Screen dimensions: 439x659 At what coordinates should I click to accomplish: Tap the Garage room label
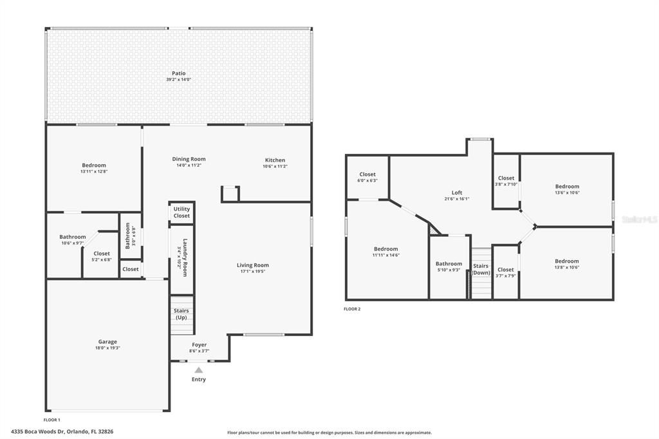pyautogui.click(x=107, y=342)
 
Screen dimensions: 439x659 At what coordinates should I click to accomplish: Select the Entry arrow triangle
pyautogui.click(x=199, y=370)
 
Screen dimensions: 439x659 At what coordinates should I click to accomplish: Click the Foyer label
pyautogui.click(x=199, y=345)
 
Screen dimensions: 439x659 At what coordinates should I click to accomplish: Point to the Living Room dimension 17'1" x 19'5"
pyautogui.click(x=253, y=272)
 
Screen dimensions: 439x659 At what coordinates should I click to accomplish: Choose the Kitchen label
pyautogui.click(x=275, y=160)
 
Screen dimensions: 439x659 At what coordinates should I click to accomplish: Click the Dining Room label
pyautogui.click(x=189, y=159)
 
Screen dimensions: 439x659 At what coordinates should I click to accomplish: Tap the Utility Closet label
pyautogui.click(x=181, y=212)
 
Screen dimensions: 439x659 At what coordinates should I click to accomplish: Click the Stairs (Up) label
pyautogui.click(x=181, y=314)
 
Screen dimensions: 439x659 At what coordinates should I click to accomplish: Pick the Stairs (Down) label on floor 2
pyautogui.click(x=481, y=269)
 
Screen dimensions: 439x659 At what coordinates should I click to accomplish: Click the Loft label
pyautogui.click(x=457, y=192)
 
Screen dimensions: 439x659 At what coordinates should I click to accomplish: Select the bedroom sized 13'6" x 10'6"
pyautogui.click(x=567, y=189)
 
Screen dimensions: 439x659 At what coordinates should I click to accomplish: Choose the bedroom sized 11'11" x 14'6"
pyautogui.click(x=386, y=252)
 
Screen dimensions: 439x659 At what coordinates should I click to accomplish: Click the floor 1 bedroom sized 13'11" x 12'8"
pyautogui.click(x=94, y=168)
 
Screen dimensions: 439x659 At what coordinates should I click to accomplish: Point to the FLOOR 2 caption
pyautogui.click(x=352, y=309)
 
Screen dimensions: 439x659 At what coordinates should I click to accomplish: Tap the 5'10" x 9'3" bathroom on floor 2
pyautogui.click(x=449, y=266)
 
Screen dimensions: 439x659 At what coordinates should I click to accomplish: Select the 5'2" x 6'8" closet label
pyautogui.click(x=102, y=256)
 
